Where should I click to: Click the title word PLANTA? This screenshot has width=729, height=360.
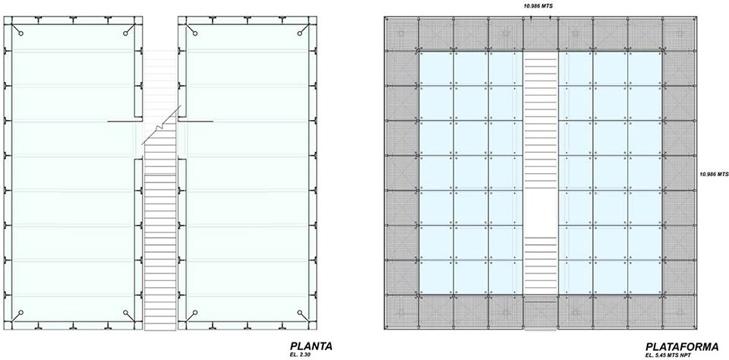pos(311,346)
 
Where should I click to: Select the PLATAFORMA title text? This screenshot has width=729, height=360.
pos(682,346)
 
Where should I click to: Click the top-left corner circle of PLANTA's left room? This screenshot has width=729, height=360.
pos(21,33)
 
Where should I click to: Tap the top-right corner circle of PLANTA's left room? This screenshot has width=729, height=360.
pos(125,33)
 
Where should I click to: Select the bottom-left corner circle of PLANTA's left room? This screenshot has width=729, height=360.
pos(21,312)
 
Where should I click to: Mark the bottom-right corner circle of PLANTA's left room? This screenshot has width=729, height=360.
pos(125,312)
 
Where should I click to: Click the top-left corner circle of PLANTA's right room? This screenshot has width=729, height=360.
pos(195,33)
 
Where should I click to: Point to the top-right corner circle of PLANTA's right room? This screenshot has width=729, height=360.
pos(300,33)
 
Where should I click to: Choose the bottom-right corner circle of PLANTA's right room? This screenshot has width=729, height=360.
pos(300,312)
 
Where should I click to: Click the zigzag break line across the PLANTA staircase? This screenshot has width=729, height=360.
pos(161,125)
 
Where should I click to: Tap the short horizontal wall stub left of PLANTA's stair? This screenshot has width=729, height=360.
pos(124,122)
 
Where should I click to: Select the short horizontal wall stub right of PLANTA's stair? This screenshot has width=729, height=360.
pos(196,122)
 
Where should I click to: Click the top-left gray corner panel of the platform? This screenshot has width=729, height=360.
pos(402,34)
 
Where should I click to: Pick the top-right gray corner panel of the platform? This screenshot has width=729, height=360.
pos(679,34)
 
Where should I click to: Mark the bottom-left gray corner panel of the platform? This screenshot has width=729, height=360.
pos(402,311)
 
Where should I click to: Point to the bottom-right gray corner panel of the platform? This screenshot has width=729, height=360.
pos(679,311)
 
